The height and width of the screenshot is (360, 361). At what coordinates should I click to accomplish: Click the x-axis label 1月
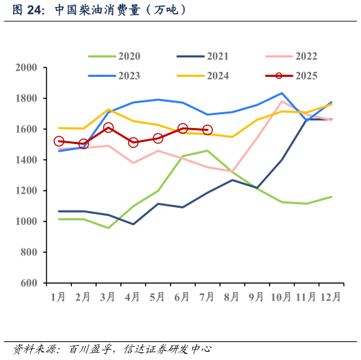coord(58,297)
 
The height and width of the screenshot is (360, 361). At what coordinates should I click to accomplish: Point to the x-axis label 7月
coord(207,297)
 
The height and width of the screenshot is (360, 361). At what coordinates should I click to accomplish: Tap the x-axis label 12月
coord(330,297)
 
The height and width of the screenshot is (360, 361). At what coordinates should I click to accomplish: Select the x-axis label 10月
coord(280,297)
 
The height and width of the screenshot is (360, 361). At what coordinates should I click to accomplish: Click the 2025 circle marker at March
coord(108,128)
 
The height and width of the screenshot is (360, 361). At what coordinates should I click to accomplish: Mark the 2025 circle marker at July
coord(207,129)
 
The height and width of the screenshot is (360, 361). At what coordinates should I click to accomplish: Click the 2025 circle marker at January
coord(59,141)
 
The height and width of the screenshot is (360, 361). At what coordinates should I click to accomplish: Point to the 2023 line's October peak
coord(281,93)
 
